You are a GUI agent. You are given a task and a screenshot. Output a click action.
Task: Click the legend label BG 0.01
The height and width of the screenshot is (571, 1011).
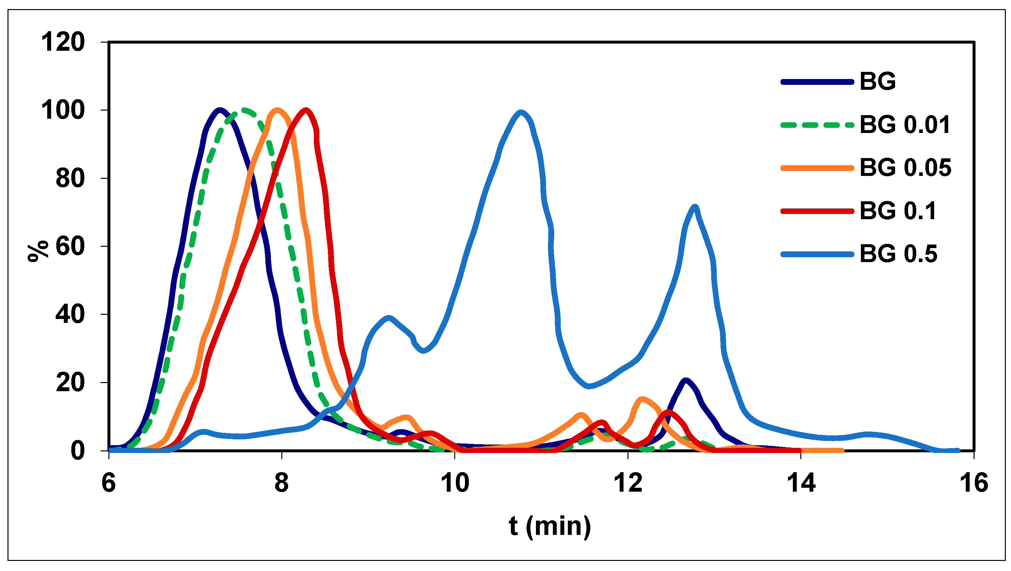tap(905, 125)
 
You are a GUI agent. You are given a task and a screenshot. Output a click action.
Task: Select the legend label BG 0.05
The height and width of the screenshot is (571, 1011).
tap(906, 168)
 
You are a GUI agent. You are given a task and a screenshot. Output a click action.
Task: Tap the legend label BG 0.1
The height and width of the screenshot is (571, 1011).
tap(898, 211)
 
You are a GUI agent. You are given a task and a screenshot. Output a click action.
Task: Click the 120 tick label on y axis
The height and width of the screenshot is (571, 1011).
tap(63, 42)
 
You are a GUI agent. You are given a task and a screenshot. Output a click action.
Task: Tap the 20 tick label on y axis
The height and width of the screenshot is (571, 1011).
tap(70, 383)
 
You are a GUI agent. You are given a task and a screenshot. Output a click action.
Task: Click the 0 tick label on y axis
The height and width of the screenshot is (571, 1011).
tap(77, 451)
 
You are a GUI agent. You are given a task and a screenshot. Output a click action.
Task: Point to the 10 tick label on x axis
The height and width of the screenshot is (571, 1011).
tap(455, 483)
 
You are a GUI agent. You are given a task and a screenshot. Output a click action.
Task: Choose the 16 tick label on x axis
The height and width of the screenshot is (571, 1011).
tap(974, 483)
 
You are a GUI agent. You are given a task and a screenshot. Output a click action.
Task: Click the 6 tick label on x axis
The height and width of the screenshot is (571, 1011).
tap(109, 483)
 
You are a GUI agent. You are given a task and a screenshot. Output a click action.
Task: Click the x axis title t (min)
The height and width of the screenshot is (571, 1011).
tap(550, 526)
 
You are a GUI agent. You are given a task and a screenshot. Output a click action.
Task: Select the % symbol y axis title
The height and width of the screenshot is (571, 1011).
tap(38, 251)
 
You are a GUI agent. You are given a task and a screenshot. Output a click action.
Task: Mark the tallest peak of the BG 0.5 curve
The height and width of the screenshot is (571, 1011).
tap(521, 113)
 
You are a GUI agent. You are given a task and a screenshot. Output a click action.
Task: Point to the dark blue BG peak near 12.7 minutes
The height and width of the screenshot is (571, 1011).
tap(685, 380)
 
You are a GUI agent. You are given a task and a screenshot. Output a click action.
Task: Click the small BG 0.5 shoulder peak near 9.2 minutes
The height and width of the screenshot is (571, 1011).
tap(389, 318)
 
